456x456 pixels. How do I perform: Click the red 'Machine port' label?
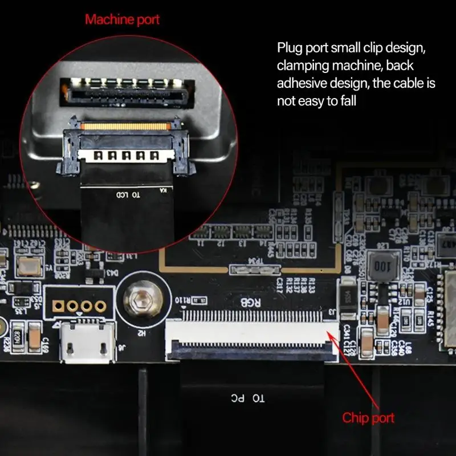122,19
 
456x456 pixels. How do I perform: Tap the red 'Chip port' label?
368,418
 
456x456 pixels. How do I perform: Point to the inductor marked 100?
381,265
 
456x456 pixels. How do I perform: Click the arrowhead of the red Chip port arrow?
332,325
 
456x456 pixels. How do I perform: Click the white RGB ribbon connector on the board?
251,336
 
